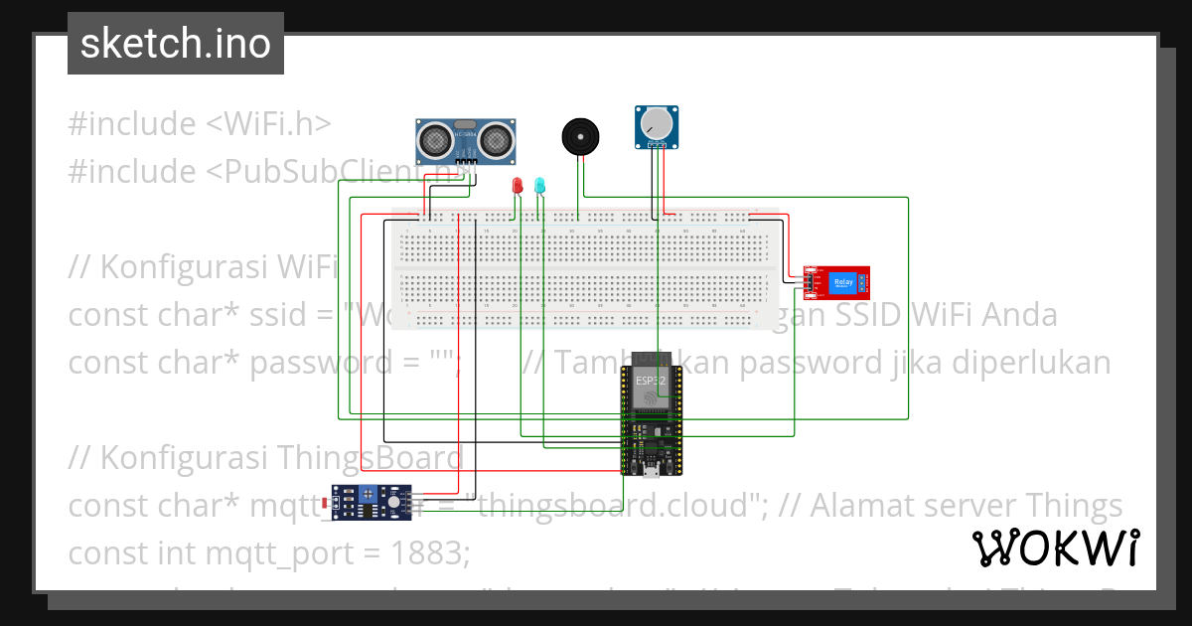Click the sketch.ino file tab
click(175, 44)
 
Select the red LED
click(517, 186)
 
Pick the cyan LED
click(539, 186)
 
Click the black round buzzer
click(580, 136)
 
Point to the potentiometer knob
click(656, 123)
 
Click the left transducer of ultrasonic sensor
click(434, 140)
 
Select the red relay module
click(836, 282)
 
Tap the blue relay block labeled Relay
click(843, 282)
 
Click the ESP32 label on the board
click(651, 379)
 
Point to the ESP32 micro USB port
click(650, 472)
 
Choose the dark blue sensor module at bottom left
click(371, 503)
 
